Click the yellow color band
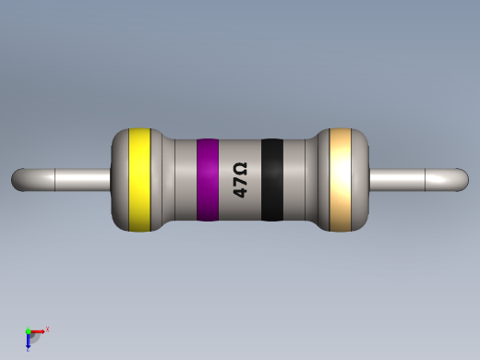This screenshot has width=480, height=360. [139, 179]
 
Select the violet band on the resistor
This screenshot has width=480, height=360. [208, 179]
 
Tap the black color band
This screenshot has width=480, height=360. [271, 179]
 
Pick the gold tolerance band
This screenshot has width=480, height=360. [341, 179]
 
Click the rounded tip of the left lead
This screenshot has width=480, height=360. [18, 179]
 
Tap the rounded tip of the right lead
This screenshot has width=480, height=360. [462, 179]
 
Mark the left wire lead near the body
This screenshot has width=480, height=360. [88, 179]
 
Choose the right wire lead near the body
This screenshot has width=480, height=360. [392, 179]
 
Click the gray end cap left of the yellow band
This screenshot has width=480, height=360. [119, 179]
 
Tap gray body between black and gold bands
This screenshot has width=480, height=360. [300, 179]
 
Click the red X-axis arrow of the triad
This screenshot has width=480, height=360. [39, 330]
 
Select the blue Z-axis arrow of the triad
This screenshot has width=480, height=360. [29, 342]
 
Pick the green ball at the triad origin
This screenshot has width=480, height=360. [29, 331]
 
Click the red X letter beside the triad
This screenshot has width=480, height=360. [47, 329]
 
